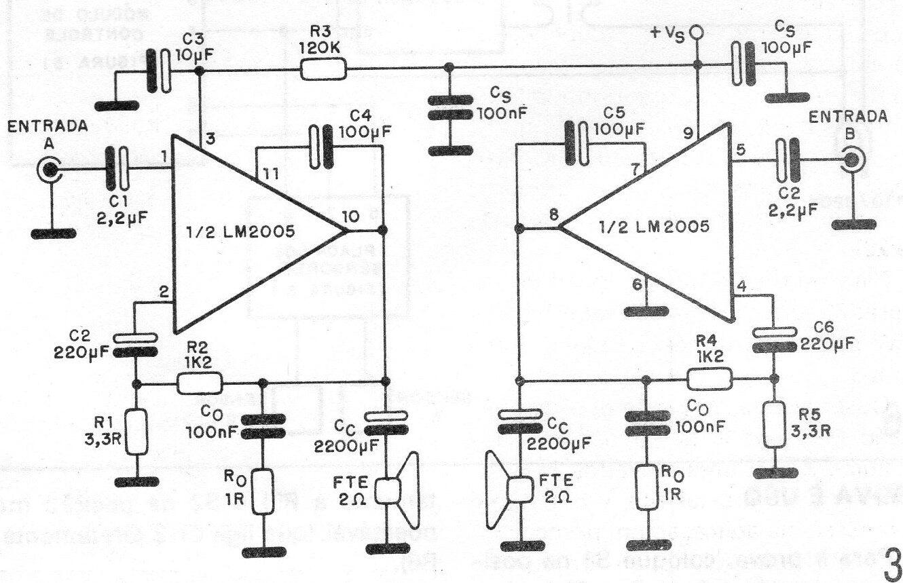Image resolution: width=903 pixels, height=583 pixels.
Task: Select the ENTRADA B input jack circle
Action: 851,160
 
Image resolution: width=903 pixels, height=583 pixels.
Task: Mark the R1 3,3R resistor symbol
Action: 138,432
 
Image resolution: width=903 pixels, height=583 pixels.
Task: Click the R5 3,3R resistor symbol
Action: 773,424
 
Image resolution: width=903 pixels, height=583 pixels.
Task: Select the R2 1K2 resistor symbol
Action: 199,383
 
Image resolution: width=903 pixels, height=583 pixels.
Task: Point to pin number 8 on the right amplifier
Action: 553,216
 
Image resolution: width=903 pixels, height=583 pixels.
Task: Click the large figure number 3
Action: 889,561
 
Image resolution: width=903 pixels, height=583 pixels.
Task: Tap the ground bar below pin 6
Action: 646,312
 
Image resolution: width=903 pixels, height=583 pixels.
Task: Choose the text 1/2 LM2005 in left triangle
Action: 239,233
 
